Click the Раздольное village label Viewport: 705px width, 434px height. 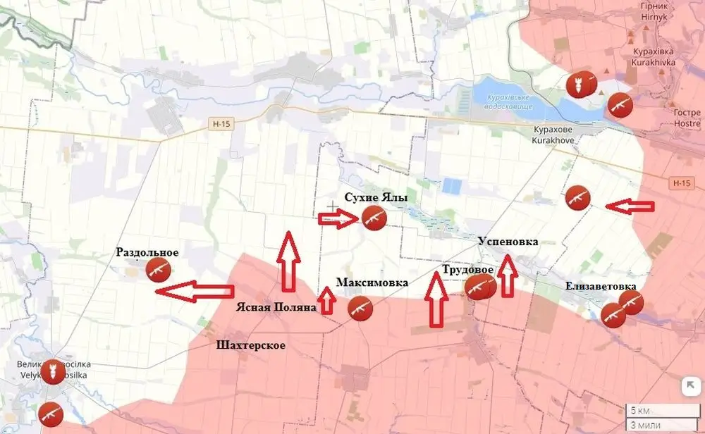147,253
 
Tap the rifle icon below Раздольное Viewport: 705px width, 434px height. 158,269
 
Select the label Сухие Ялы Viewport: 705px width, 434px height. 376,198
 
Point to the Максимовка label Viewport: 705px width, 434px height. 372,283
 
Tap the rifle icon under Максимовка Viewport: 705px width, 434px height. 360,308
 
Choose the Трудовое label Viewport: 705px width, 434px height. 467,270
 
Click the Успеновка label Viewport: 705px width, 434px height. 508,242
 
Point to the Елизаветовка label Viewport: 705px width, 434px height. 601,286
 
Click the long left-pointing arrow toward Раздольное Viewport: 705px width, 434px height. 193,290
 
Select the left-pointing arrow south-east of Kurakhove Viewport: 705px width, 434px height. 630,206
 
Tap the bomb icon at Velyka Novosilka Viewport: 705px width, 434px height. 51,372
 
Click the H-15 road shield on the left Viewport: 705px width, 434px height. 221,123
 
